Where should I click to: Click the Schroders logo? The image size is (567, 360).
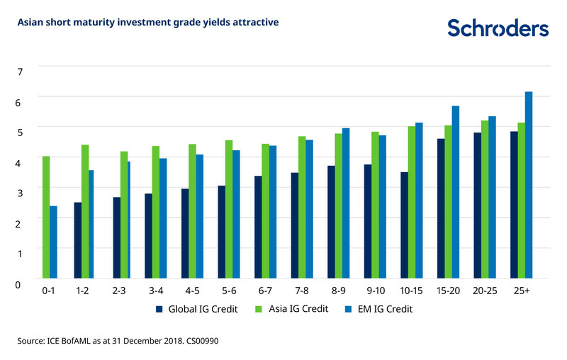coord(498,28)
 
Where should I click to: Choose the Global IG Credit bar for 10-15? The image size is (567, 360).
coord(405,225)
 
